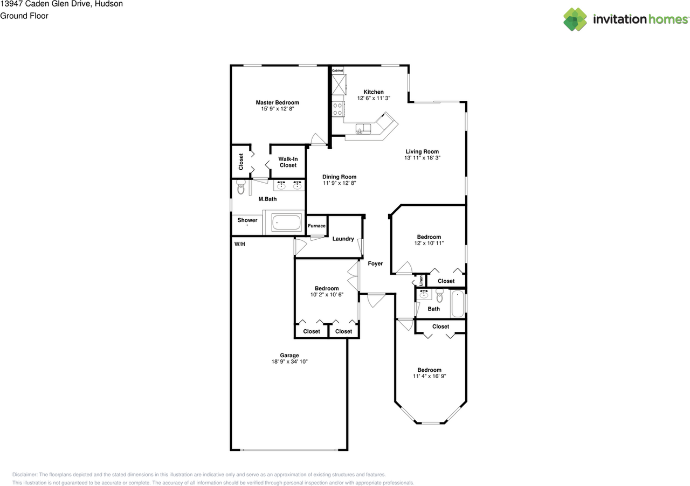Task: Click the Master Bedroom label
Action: (x=277, y=102)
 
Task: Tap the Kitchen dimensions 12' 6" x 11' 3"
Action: (x=374, y=98)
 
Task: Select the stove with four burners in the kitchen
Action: (x=338, y=109)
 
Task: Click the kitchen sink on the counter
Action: (x=363, y=129)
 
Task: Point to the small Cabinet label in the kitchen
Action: (x=337, y=71)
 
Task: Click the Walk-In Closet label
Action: (x=288, y=162)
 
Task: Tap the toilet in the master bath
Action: (x=241, y=188)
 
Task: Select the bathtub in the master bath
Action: (x=286, y=223)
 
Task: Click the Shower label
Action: (x=247, y=220)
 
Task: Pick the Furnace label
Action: (x=316, y=226)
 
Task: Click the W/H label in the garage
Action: (x=240, y=244)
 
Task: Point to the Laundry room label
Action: (x=343, y=239)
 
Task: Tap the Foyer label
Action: (x=375, y=263)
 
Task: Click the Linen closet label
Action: (x=421, y=281)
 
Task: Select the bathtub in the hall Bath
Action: (x=458, y=304)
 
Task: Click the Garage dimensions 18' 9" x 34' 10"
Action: (x=289, y=362)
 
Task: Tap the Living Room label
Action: (x=422, y=151)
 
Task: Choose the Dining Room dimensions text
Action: (x=339, y=183)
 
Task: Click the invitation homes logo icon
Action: (x=575, y=19)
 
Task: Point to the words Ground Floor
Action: (x=24, y=16)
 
